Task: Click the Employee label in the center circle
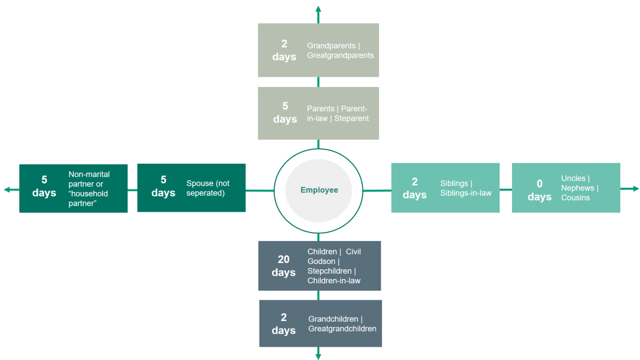[x=319, y=190]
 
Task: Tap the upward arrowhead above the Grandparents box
[x=318, y=9]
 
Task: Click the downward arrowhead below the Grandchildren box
[x=318, y=356]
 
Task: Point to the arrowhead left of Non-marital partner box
[x=7, y=189]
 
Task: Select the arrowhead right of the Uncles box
[x=635, y=189]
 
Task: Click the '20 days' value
[x=283, y=266]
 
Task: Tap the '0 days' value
[x=539, y=190]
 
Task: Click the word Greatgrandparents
[x=340, y=55]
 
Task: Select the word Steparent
[x=351, y=118]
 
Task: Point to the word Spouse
[x=199, y=183]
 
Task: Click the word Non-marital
[x=89, y=174]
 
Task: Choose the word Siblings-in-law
[x=466, y=193]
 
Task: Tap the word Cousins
[x=575, y=198]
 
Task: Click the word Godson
[x=321, y=261]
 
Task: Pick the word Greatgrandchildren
[x=342, y=329]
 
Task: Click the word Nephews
[x=578, y=188]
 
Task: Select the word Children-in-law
[x=334, y=281]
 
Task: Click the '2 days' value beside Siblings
[x=414, y=188]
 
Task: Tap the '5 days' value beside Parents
[x=285, y=113]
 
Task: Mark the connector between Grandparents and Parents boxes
[x=318, y=82]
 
